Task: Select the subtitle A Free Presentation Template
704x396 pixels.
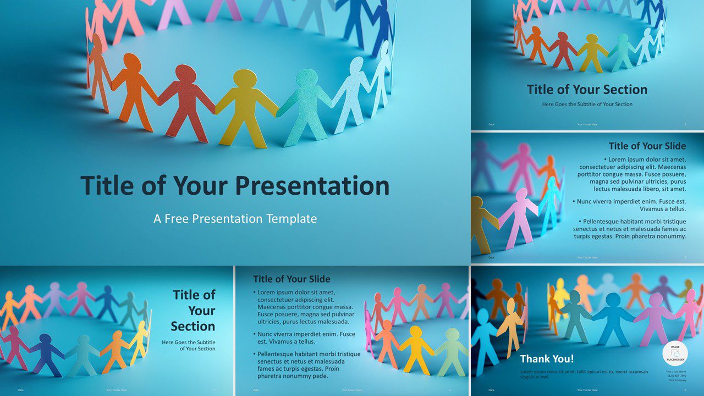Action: point(235,218)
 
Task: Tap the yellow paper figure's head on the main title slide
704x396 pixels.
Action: point(245,79)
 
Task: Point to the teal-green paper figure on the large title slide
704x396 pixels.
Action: point(306,105)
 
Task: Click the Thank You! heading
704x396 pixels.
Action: point(547,359)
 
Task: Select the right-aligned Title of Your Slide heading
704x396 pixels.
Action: point(647,146)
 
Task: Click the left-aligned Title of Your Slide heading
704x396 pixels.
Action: point(291,279)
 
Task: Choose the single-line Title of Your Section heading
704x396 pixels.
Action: point(587,90)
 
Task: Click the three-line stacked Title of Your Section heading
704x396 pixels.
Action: point(194,310)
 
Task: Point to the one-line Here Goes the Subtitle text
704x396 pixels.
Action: point(587,104)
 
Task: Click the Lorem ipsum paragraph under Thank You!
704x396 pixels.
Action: point(584,374)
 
